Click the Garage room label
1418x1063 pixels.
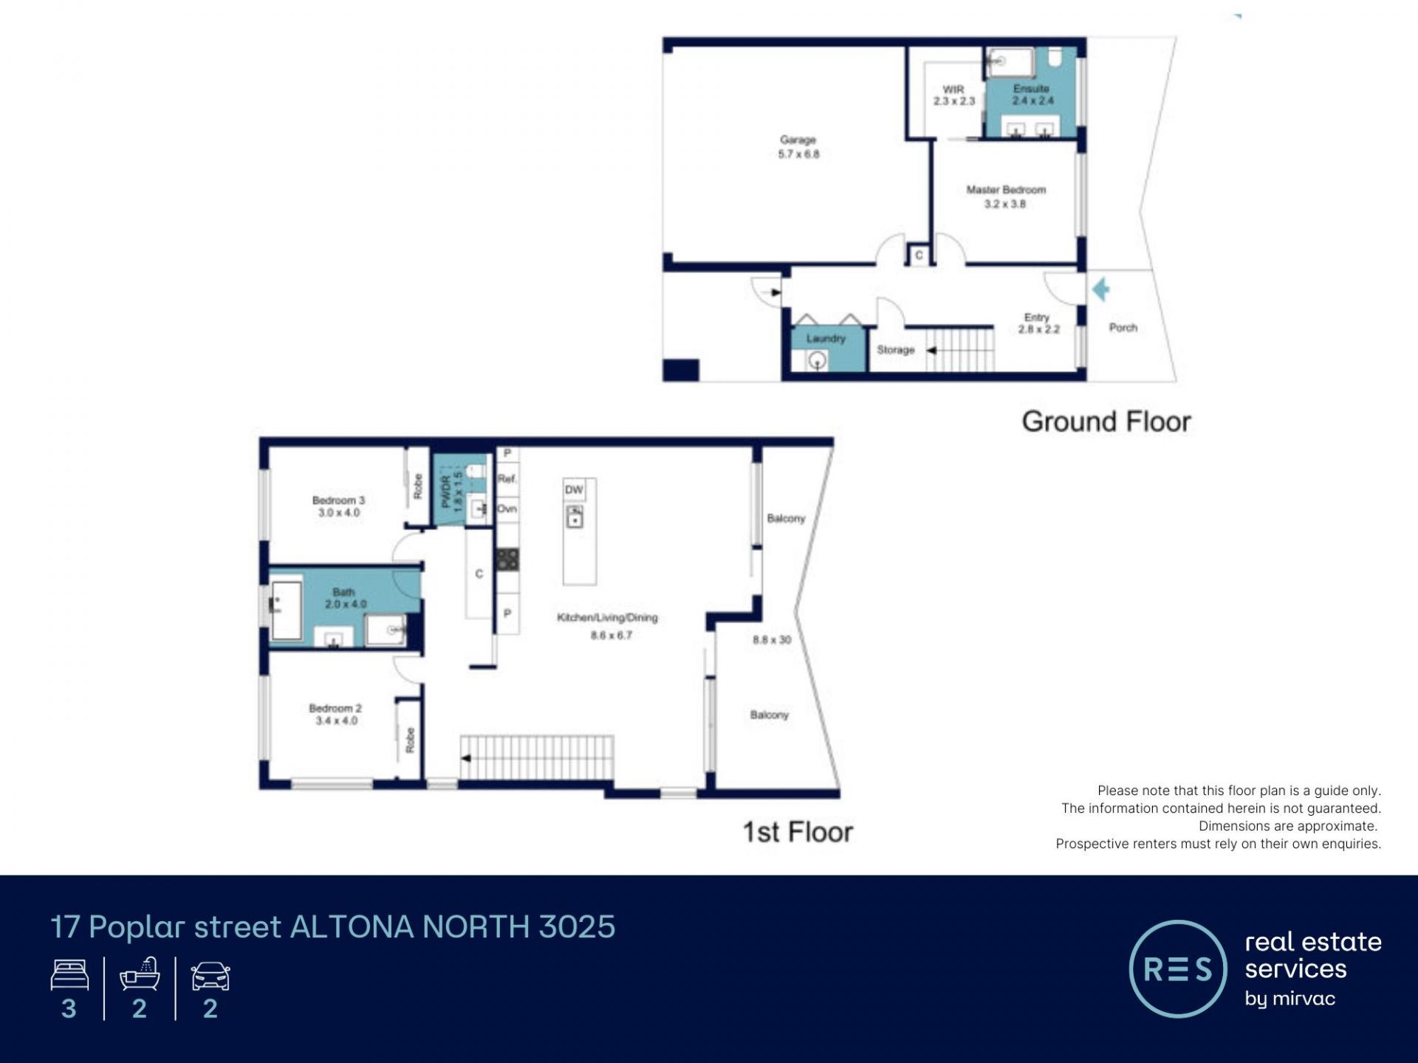point(798,140)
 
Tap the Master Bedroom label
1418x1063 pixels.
point(1006,190)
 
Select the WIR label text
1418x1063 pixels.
point(953,89)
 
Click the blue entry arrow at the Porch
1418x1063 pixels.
point(1101,289)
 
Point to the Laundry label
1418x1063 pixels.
point(826,338)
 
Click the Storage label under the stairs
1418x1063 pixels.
point(896,350)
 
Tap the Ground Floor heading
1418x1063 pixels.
point(1106,422)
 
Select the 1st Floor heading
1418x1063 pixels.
point(798,832)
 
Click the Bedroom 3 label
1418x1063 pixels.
point(338,500)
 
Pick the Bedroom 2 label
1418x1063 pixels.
point(335,709)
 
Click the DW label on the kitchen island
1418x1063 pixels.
point(574,489)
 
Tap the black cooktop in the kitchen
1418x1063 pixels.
point(507,559)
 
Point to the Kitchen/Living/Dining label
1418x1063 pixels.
point(607,618)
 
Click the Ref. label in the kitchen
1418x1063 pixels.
point(507,479)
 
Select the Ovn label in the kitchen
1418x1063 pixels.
point(507,509)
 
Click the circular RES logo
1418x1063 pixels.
point(1178,969)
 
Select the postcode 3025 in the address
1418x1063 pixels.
point(577,927)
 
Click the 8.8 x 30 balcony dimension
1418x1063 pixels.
point(772,640)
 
